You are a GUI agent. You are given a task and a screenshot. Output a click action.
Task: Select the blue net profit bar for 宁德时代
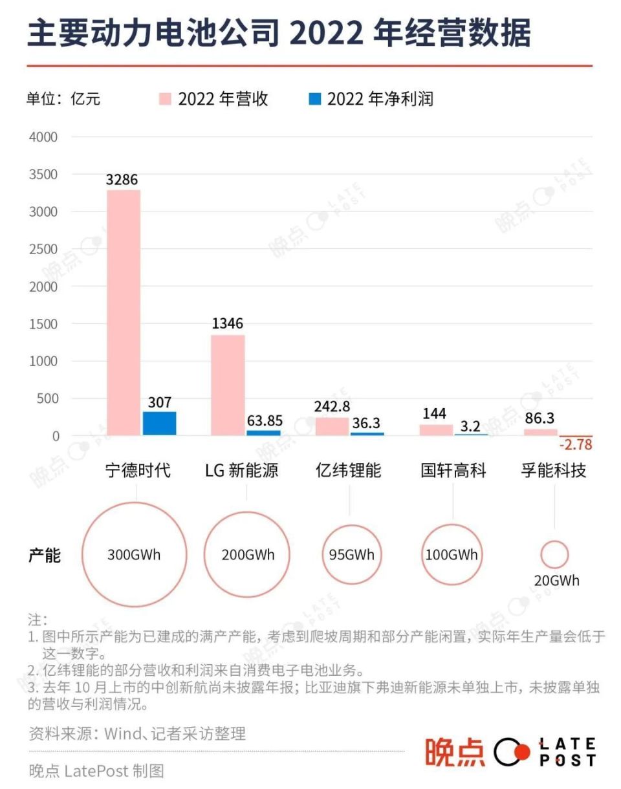click(x=160, y=423)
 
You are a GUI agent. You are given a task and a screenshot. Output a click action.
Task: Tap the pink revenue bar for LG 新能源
click(x=228, y=385)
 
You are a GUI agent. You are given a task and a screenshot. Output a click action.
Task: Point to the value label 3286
click(x=122, y=180)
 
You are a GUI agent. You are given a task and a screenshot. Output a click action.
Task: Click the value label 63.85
click(x=265, y=420)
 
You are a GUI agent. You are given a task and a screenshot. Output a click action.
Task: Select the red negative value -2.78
click(x=576, y=445)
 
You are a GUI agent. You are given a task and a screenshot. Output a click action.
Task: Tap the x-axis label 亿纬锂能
click(x=349, y=470)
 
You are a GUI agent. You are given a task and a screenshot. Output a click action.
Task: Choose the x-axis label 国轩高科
click(x=453, y=470)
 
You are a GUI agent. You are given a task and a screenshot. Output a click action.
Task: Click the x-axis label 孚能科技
click(x=554, y=470)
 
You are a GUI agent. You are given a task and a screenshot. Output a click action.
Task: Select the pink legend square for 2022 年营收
click(x=166, y=99)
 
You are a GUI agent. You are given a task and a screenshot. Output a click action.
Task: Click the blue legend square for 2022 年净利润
click(x=315, y=99)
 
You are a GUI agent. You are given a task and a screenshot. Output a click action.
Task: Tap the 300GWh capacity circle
click(x=135, y=554)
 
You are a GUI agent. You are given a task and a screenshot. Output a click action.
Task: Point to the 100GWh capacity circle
click(x=452, y=554)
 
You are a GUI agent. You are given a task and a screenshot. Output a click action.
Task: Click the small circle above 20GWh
click(x=554, y=554)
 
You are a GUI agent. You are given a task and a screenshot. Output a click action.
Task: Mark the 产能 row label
click(x=45, y=555)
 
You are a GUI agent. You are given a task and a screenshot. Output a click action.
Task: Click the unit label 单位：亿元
click(x=63, y=99)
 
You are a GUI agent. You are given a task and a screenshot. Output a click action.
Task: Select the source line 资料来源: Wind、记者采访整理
click(x=137, y=733)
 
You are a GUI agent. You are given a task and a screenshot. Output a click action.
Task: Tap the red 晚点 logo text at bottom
click(x=455, y=752)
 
